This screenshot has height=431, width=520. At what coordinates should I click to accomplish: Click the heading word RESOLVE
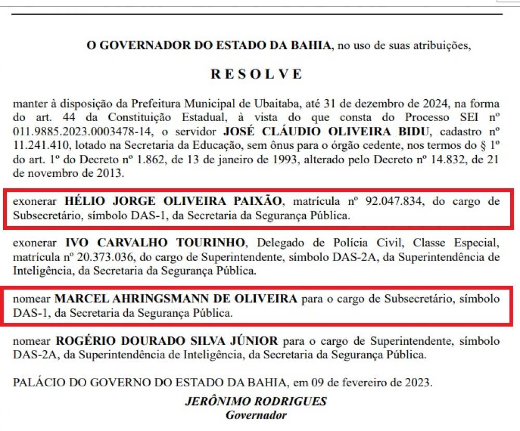point(256,74)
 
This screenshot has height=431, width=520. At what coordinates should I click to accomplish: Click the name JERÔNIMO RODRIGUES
point(256,402)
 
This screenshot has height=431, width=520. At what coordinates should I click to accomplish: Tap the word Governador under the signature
point(256,415)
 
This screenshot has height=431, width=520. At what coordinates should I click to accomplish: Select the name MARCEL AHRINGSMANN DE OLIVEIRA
point(176,299)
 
